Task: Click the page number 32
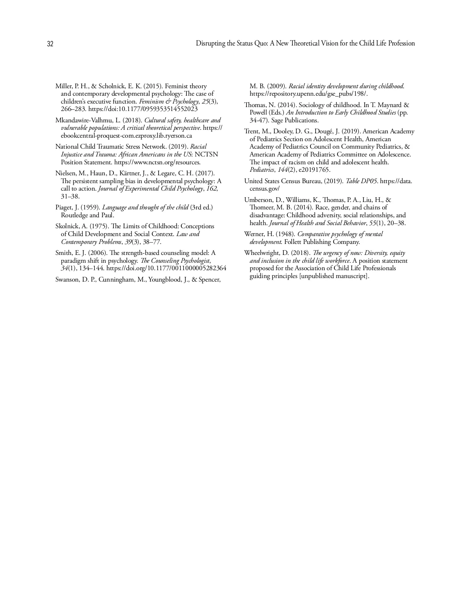50,44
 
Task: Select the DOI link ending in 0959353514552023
143,109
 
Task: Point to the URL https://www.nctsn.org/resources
157,162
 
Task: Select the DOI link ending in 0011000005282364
166,269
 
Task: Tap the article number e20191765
314,170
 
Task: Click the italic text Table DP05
361,181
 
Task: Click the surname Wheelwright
262,253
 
